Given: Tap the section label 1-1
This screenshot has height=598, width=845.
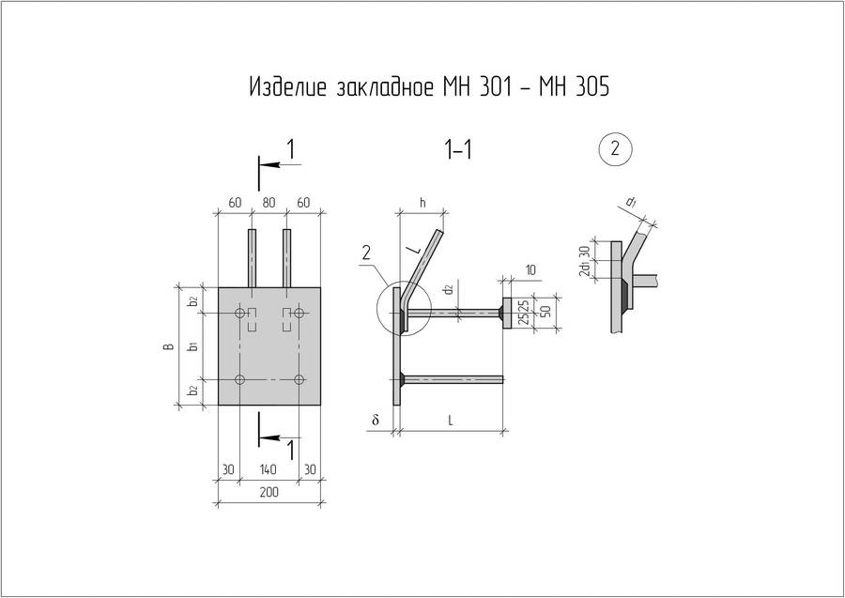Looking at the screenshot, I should pyautogui.click(x=457, y=150).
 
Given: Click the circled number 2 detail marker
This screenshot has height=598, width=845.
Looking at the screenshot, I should pyautogui.click(x=615, y=148).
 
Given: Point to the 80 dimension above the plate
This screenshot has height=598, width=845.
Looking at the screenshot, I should pyautogui.click(x=269, y=202).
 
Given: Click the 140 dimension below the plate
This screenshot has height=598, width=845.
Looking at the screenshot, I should pyautogui.click(x=269, y=469).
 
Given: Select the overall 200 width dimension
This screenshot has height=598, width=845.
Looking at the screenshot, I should pyautogui.click(x=269, y=492).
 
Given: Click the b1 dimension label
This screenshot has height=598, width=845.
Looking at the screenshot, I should pyautogui.click(x=192, y=346).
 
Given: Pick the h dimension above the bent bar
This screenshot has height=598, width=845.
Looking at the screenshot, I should pyautogui.click(x=422, y=202).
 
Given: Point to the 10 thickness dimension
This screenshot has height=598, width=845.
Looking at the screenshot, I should pyautogui.click(x=531, y=270).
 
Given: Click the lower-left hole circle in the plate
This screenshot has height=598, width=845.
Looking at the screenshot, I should pyautogui.click(x=240, y=379).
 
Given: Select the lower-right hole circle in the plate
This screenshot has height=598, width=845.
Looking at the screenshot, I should pyautogui.click(x=299, y=379).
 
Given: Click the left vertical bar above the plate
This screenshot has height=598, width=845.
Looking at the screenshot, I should pyautogui.click(x=253, y=257).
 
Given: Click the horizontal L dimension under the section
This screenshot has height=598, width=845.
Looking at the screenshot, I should pyautogui.click(x=451, y=422).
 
